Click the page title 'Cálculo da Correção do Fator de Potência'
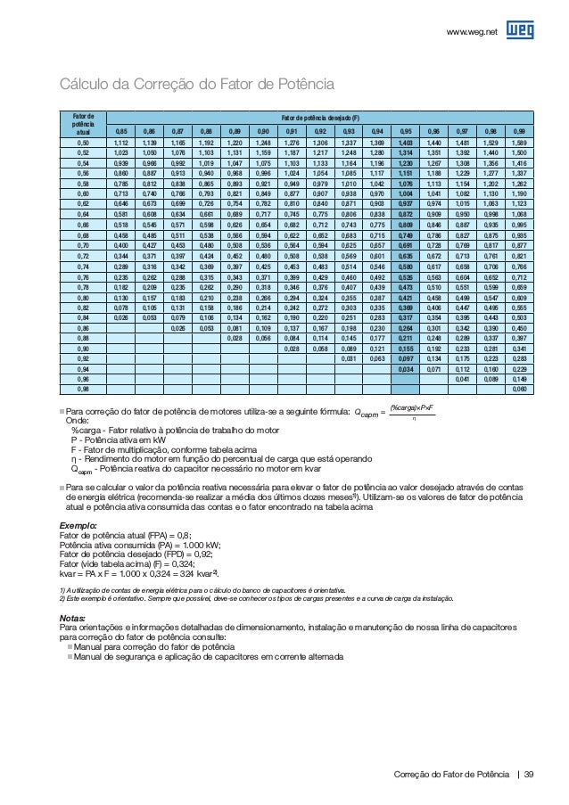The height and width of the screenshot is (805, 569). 195,86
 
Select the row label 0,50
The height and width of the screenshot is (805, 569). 82,142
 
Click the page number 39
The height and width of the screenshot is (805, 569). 530,774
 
